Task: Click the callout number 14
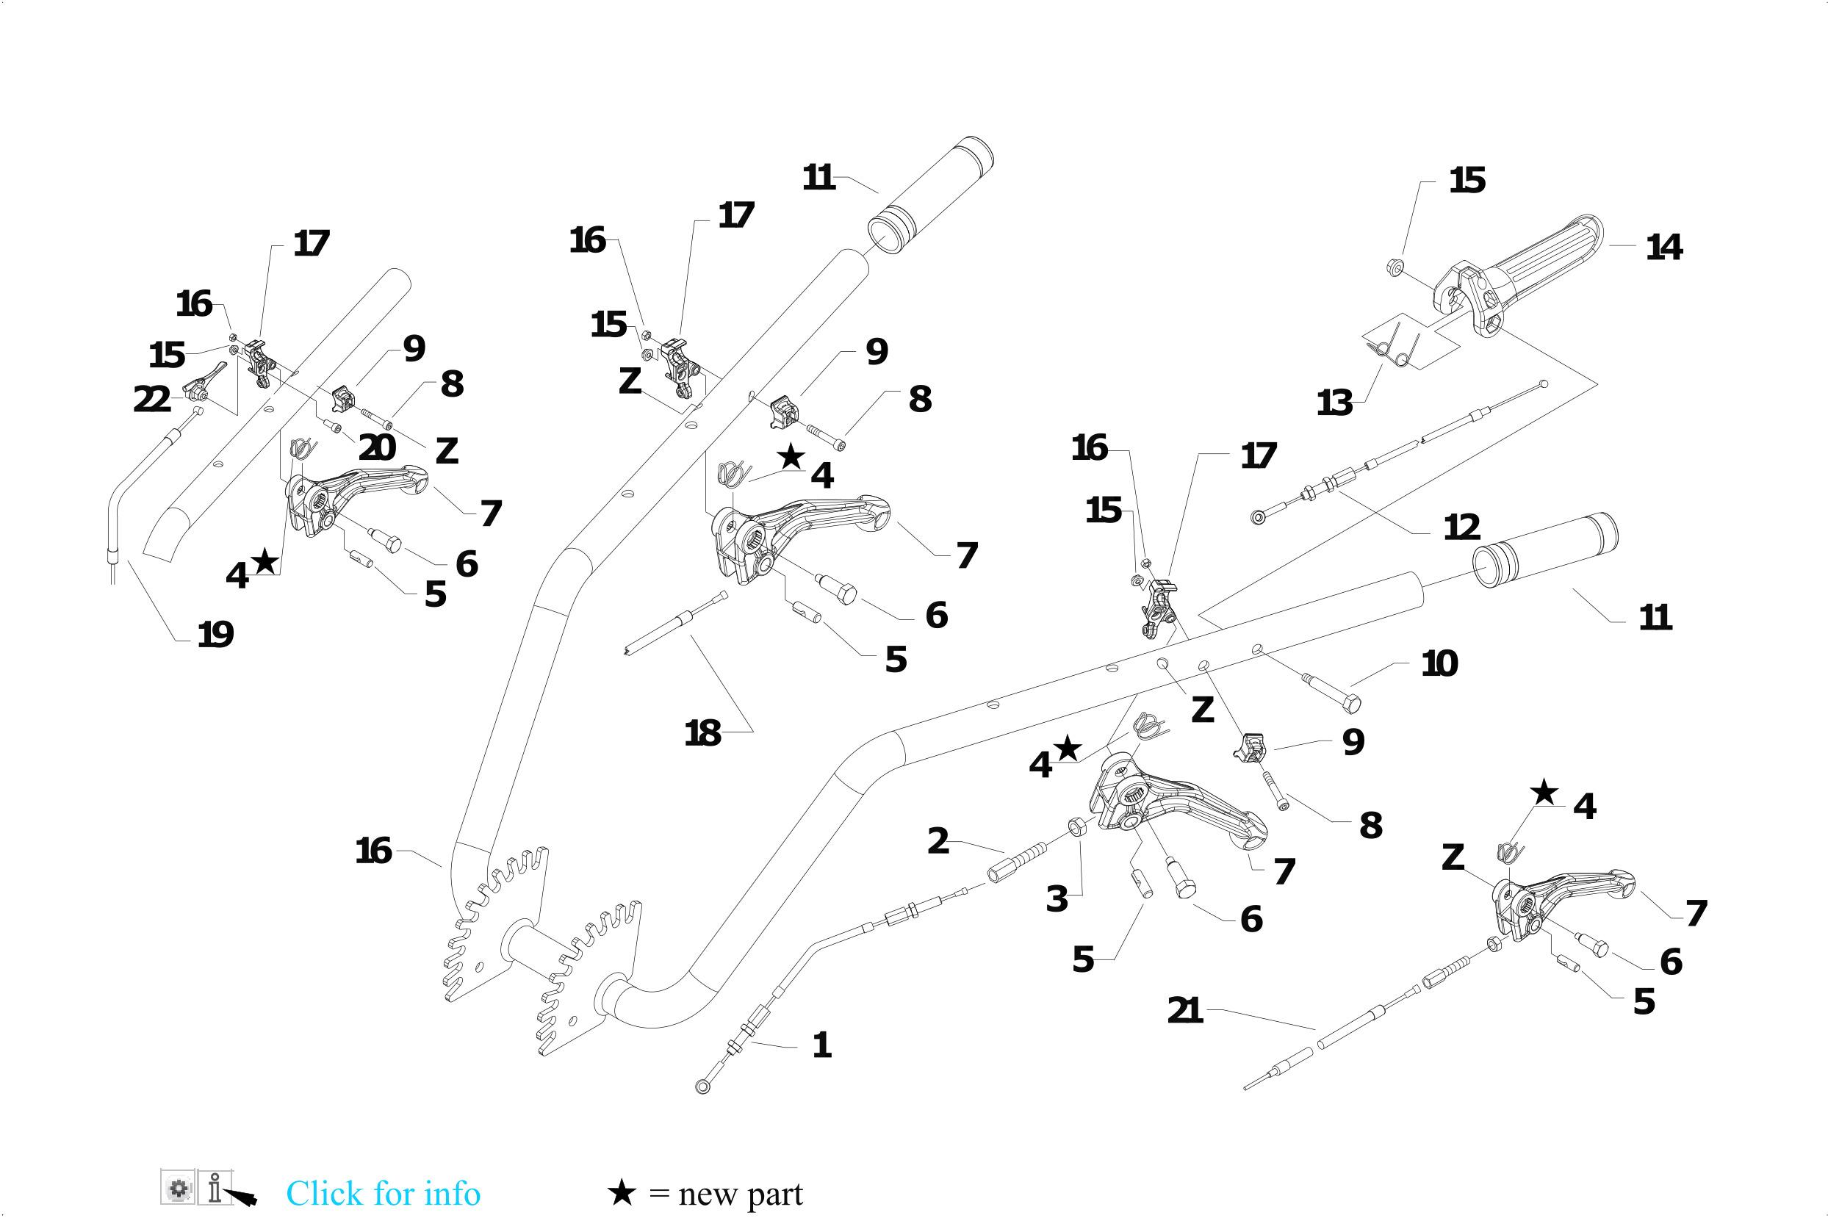pos(1663,248)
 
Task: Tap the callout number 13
pos(1335,403)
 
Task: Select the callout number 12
pos(1461,527)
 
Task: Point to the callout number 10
pos(1439,663)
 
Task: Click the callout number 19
pos(215,635)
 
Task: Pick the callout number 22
pos(151,400)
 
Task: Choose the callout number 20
pos(378,447)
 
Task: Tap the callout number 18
pos(702,733)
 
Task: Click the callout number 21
pos(1184,1011)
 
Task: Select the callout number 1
pos(821,1045)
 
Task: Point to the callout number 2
pos(938,841)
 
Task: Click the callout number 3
pos(1057,898)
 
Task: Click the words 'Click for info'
pos(383,1193)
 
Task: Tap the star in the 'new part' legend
pos(622,1192)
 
